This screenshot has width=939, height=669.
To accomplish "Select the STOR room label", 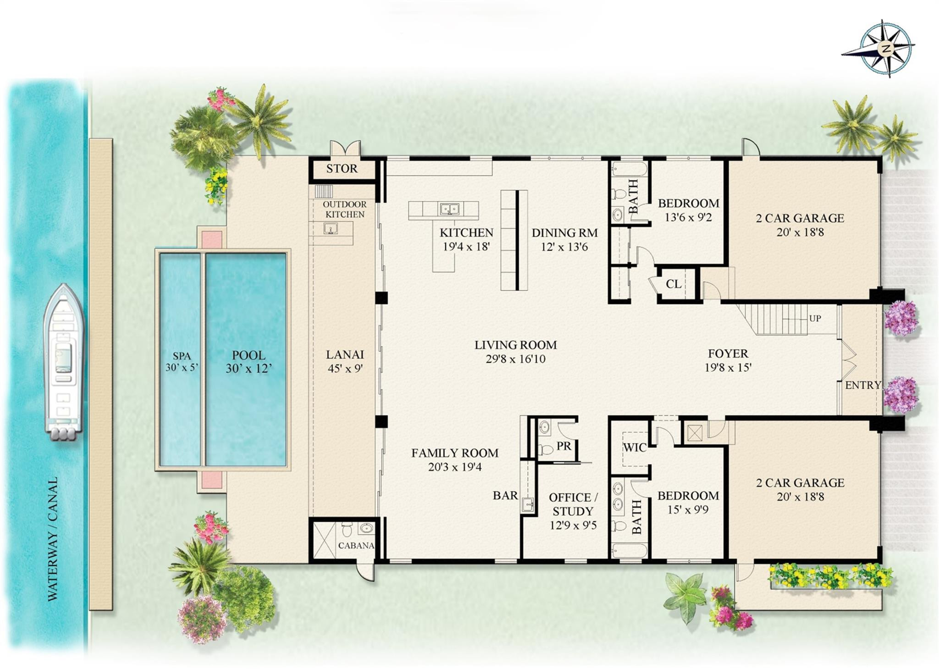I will coord(342,169).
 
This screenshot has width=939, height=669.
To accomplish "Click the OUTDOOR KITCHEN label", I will coord(344,209).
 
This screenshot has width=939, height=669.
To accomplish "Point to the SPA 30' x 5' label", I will coord(182,361).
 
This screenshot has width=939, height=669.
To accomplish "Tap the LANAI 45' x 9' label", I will coord(345,361).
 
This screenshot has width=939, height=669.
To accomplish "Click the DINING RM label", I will coord(564,233).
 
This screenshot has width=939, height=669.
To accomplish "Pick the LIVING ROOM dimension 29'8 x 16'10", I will coord(515,359).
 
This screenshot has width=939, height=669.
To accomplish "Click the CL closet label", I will coord(673,284).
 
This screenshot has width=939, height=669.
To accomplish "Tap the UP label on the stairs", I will coord(815,318).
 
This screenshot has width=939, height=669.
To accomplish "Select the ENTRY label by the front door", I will coord(862,385).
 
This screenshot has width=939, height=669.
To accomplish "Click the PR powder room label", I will coord(563,445).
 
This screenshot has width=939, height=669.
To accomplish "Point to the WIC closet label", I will coord(635,448).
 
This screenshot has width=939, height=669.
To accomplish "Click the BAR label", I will coord(505,495).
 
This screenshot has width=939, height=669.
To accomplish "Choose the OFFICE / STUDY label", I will coord(573,504).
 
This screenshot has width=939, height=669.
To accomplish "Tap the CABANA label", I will coord(356,546).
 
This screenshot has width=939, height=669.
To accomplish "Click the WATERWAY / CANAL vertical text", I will coord(53,538).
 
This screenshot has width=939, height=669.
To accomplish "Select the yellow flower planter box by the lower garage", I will coord(830,576).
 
